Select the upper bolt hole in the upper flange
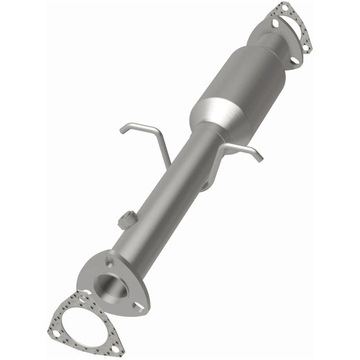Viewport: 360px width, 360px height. coord(275,23)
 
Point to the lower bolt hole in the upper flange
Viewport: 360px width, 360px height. coord(295,60)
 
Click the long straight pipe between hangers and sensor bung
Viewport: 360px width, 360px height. coord(160,190)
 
